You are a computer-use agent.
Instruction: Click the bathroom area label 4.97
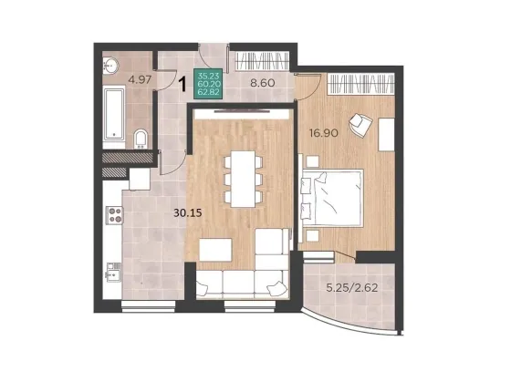[x=140, y=80]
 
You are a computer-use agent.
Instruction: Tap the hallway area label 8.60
[x=263, y=83]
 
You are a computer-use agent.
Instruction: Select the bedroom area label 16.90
[x=324, y=133]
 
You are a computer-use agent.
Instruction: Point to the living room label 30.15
[x=188, y=213]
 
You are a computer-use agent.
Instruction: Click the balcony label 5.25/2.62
[x=352, y=287]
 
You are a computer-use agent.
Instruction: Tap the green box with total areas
[x=208, y=84]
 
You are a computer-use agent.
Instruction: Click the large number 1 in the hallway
[x=183, y=83]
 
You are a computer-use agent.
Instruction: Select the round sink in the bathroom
[x=110, y=66]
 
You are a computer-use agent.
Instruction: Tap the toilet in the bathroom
[x=141, y=139]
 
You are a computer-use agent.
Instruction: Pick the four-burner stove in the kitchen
[x=114, y=215]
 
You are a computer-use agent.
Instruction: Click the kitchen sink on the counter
[x=114, y=273]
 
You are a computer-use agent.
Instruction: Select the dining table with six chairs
[x=243, y=179]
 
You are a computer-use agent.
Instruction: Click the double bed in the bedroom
[x=332, y=197]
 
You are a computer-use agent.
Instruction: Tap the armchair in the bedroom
[x=360, y=124]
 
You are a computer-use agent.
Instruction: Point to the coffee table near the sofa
[x=215, y=250]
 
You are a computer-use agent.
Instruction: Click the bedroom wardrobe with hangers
[x=360, y=84]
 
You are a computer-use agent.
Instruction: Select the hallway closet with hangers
[x=262, y=61]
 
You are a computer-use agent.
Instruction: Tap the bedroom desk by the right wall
[x=387, y=134]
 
